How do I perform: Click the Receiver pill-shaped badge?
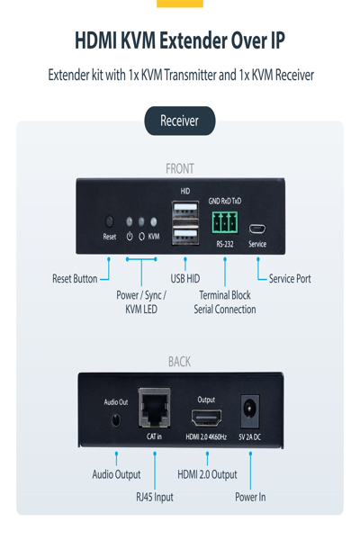coord(179,121)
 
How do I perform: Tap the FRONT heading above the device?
coord(179,168)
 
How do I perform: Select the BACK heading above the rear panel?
coord(179,362)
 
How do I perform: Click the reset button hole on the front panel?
coord(110,221)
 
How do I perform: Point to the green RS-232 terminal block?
coord(224,221)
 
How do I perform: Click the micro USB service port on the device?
coord(257,228)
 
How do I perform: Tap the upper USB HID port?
coord(185,212)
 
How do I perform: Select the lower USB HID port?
coord(185,237)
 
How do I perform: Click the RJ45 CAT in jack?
coord(155,410)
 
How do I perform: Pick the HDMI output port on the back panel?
coord(206,417)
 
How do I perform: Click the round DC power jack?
coord(249,412)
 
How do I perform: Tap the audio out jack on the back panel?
coord(115,419)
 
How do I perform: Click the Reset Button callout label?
coord(75,279)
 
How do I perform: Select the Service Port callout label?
coord(290,279)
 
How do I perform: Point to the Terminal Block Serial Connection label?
coord(224,302)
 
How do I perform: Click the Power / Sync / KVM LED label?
coord(141,302)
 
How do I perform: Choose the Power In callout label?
coord(250,497)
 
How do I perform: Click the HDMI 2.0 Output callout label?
coord(207,474)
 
